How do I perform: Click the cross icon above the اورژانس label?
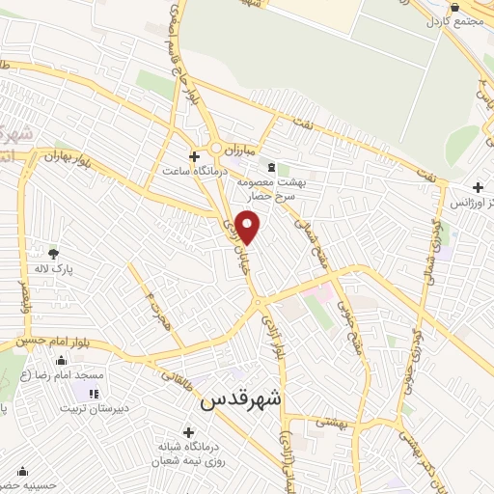(477, 187)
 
